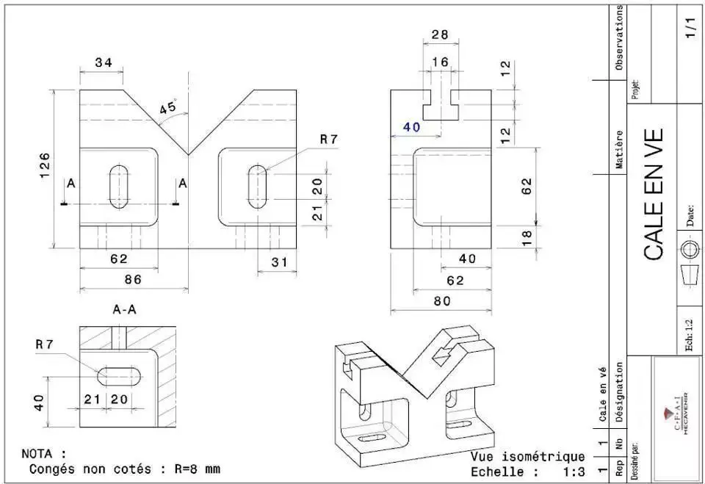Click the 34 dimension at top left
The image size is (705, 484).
point(104,63)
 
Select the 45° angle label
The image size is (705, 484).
point(169,107)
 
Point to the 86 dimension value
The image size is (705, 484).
point(132,280)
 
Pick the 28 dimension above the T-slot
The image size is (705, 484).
point(440,35)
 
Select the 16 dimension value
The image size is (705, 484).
point(440,63)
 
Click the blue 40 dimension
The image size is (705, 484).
point(411,127)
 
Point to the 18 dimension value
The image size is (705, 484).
point(527,237)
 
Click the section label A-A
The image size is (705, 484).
point(124,310)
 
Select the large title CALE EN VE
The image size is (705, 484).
point(654,194)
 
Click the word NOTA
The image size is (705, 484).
point(44,454)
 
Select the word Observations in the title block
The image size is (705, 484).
point(620,37)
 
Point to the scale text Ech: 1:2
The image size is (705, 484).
point(689,335)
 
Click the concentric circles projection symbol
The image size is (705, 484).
point(689,249)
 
